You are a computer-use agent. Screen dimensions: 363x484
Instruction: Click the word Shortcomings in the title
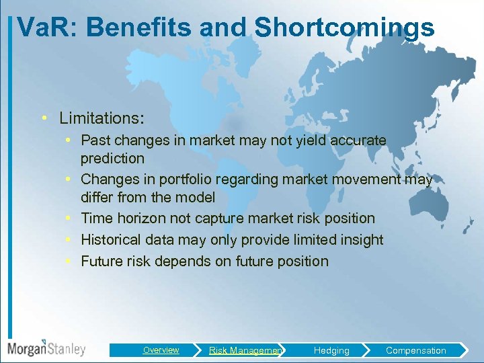click(344, 28)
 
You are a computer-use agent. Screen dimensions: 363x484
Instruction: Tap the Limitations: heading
click(102, 118)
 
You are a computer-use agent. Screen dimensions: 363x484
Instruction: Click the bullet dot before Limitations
click(43, 118)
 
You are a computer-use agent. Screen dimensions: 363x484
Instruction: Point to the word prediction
click(112, 159)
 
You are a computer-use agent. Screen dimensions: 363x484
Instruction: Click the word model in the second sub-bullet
click(196, 198)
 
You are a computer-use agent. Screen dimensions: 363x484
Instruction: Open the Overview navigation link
click(161, 350)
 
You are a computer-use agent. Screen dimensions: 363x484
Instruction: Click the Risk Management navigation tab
click(245, 350)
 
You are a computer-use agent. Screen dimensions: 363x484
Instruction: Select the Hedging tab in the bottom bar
click(331, 350)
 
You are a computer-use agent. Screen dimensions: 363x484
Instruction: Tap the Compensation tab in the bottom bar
click(415, 350)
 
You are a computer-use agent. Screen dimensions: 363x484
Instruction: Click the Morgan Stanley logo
click(46, 348)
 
